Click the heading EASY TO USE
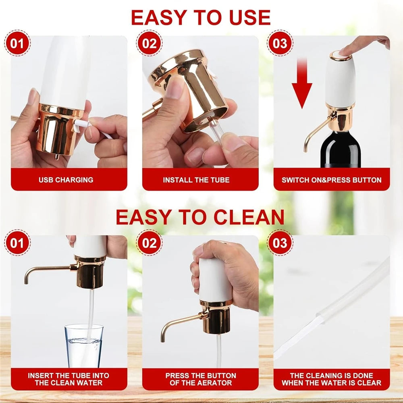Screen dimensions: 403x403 click(x=200, y=17)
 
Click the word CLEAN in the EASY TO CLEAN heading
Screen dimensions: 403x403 click(x=249, y=217)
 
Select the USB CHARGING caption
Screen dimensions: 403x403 click(x=66, y=180)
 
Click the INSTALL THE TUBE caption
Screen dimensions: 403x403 click(x=200, y=180)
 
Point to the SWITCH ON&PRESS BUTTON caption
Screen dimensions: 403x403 click(x=331, y=180)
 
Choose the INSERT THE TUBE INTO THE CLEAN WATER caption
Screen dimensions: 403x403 click(x=69, y=379)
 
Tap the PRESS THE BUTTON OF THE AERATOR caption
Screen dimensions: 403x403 click(x=200, y=379)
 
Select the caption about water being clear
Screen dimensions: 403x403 click(x=331, y=379)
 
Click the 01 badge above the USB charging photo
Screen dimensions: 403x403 click(x=17, y=43)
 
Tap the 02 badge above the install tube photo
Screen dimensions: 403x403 click(x=149, y=43)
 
